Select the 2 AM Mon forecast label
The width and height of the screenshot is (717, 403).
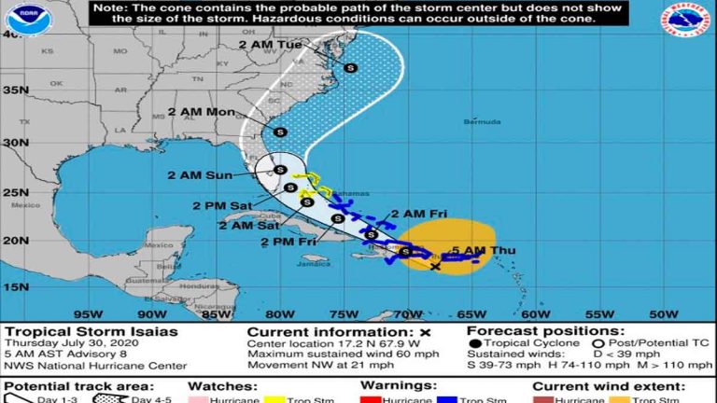[201, 111]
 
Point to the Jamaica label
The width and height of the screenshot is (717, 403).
[314, 263]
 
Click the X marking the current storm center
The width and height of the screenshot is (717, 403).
[436, 267]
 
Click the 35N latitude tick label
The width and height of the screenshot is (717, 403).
[14, 90]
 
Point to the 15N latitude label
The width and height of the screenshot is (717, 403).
[14, 287]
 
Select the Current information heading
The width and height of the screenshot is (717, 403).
[331, 331]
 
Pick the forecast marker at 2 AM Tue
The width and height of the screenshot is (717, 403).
[351, 67]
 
